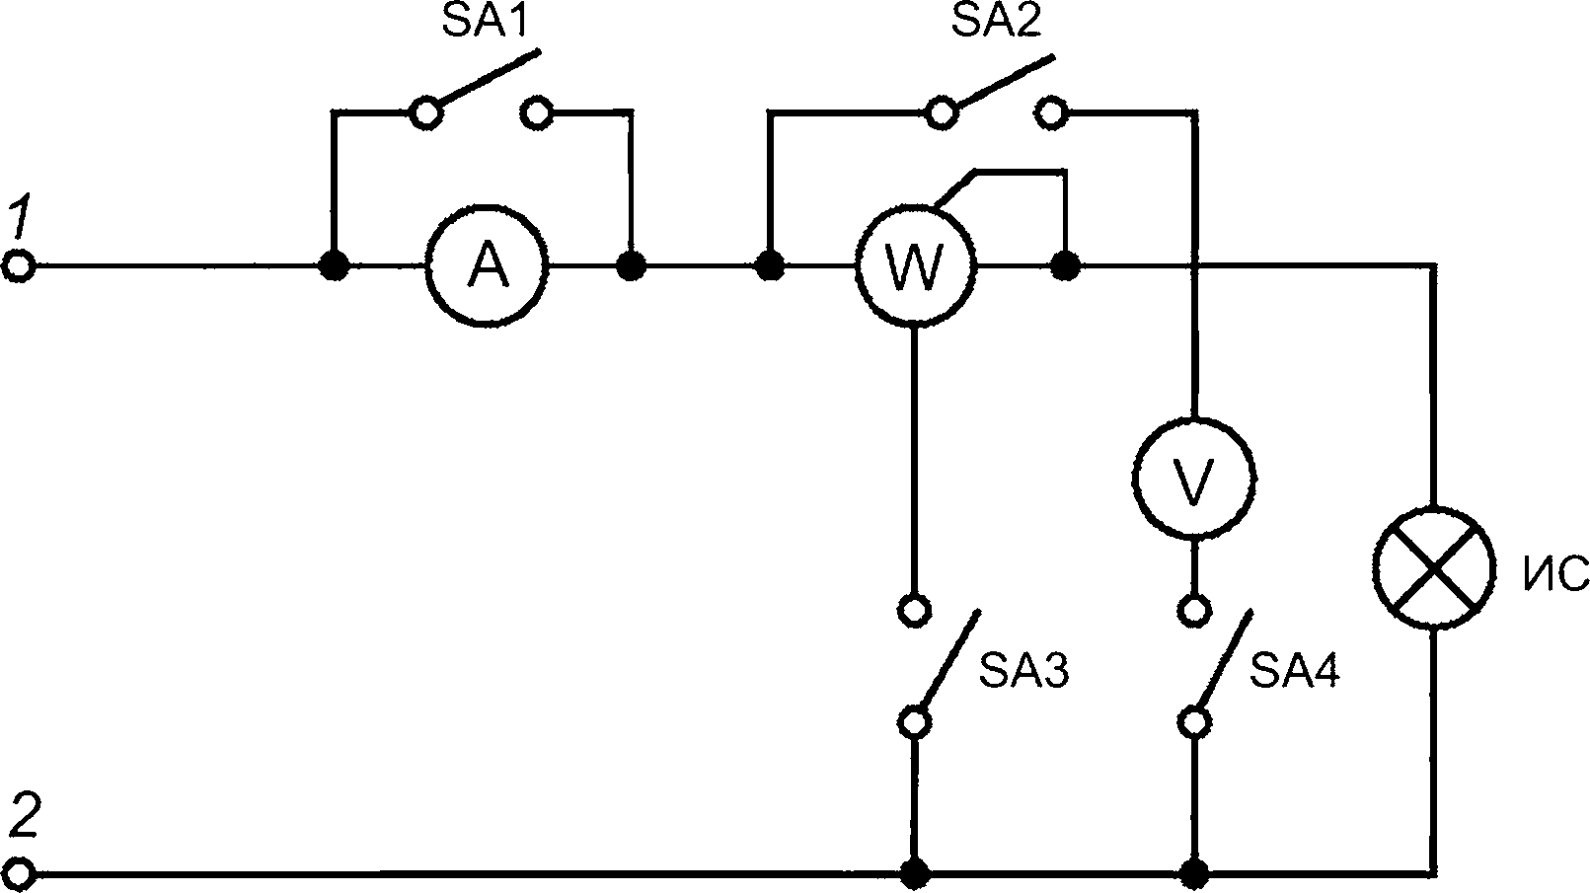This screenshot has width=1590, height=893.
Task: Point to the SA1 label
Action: pyautogui.click(x=486, y=21)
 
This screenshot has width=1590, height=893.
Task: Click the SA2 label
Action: pyautogui.click(x=997, y=21)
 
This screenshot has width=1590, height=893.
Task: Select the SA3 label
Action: pyautogui.click(x=1024, y=671)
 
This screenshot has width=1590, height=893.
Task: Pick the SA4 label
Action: pyautogui.click(x=1295, y=671)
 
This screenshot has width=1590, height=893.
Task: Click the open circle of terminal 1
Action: pyautogui.click(x=18, y=266)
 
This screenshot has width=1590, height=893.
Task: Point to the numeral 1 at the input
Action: pyautogui.click(x=19, y=220)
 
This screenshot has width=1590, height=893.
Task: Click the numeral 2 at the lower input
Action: pyautogui.click(x=25, y=817)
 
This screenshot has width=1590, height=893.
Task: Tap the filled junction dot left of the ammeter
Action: pyautogui.click(x=334, y=266)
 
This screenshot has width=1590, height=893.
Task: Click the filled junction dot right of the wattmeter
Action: pyautogui.click(x=1065, y=266)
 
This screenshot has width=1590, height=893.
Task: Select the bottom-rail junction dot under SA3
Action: pyautogui.click(x=915, y=873)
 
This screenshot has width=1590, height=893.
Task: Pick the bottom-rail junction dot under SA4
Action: pyautogui.click(x=1194, y=873)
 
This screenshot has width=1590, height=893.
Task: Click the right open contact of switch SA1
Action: pyautogui.click(x=536, y=112)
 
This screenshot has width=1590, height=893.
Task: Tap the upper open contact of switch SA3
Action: pyautogui.click(x=915, y=609)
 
